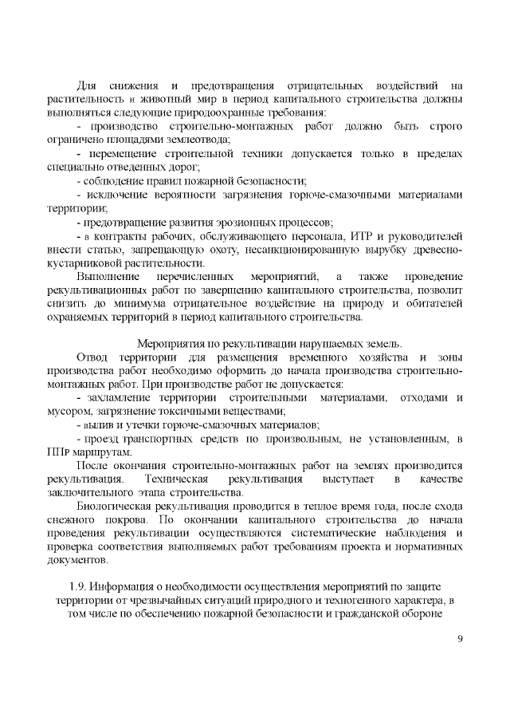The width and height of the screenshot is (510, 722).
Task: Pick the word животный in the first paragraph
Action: click(x=168, y=98)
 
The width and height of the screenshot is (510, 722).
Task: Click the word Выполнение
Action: click(x=108, y=276)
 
